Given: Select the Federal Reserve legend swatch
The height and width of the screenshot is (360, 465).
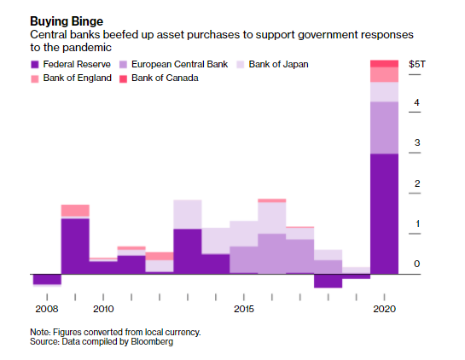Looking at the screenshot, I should [35, 65].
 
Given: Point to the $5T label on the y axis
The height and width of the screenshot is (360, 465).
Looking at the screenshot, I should [417, 64].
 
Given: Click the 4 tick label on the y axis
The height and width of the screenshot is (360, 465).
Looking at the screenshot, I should [416, 103].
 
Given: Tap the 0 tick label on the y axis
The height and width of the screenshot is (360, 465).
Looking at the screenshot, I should [416, 264].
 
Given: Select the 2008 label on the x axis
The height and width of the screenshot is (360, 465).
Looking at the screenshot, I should [46, 307].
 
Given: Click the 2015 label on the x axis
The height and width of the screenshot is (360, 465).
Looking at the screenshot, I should [243, 307].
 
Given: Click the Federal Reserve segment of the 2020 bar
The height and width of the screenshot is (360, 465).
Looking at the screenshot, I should [384, 213].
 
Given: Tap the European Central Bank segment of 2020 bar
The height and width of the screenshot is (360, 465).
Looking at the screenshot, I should [384, 127].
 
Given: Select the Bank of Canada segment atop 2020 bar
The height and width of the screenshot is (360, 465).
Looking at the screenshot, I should [384, 63].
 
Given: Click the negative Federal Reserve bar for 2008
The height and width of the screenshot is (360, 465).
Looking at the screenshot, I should [47, 279].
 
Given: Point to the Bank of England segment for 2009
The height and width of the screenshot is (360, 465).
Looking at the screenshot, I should [75, 210].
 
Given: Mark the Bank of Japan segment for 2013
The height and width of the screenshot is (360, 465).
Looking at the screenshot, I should [187, 213].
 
